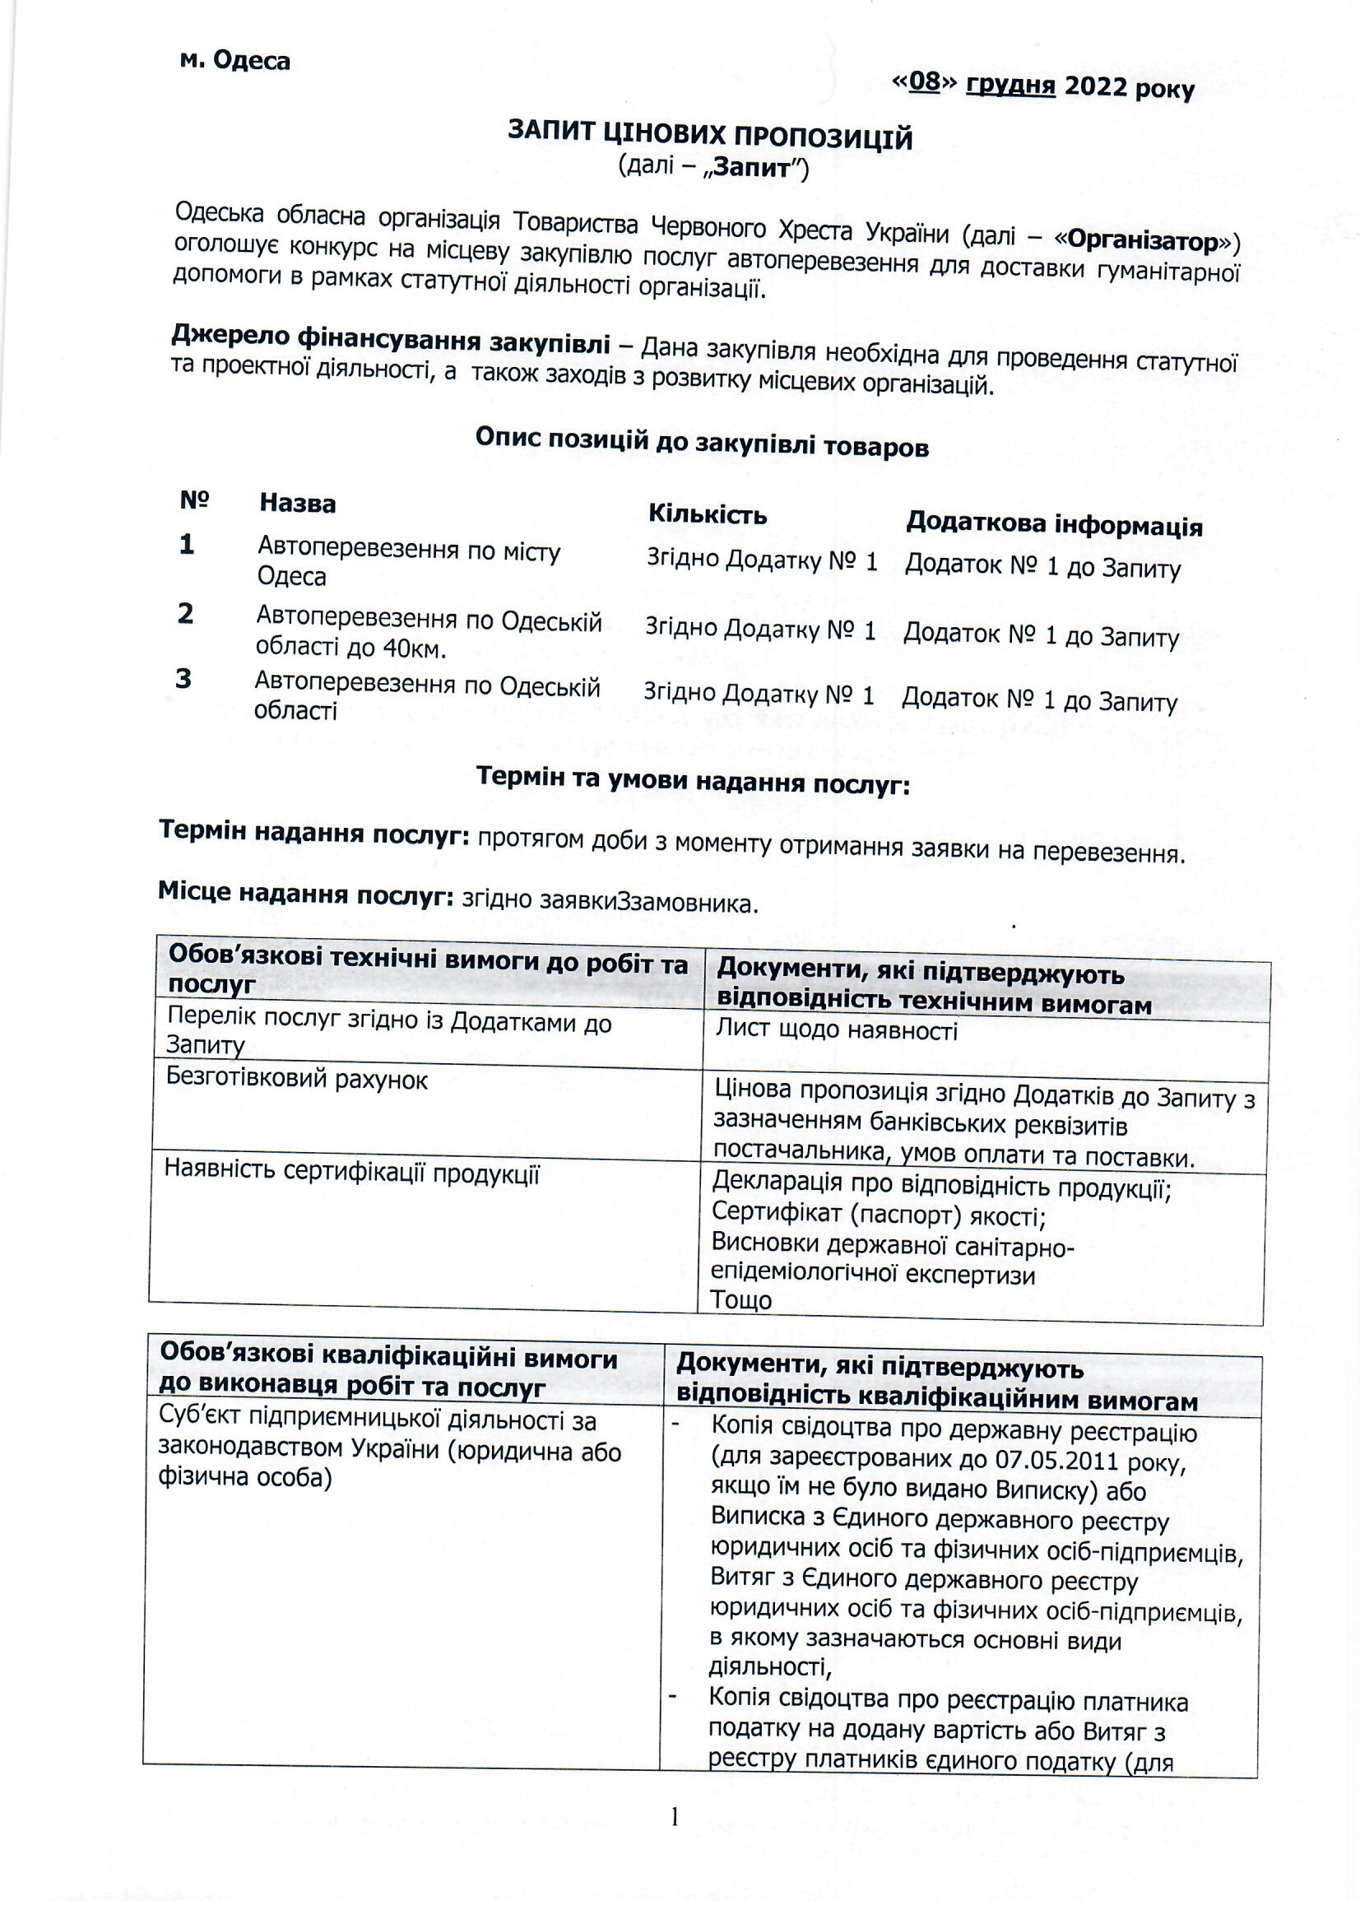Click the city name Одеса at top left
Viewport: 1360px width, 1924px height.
tap(251, 60)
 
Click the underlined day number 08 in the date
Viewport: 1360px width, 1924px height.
tap(924, 81)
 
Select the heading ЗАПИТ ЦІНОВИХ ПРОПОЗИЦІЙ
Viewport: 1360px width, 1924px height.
tap(710, 135)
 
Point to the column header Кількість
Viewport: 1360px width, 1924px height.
tap(708, 514)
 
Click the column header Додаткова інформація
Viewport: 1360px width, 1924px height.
tap(1053, 523)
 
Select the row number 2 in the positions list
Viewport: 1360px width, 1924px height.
tap(185, 613)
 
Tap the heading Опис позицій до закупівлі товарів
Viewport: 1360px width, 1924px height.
tap(701, 442)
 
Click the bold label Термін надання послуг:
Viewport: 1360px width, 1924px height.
tap(314, 833)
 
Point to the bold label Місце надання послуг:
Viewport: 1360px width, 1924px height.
tap(306, 895)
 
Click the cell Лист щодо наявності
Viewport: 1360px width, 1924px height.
tap(835, 1029)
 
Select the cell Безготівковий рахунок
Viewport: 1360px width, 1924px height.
tap(297, 1080)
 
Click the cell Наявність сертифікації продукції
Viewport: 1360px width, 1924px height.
tap(352, 1173)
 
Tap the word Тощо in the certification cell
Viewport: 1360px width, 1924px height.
tap(740, 1299)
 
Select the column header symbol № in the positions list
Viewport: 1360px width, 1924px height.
tap(193, 501)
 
